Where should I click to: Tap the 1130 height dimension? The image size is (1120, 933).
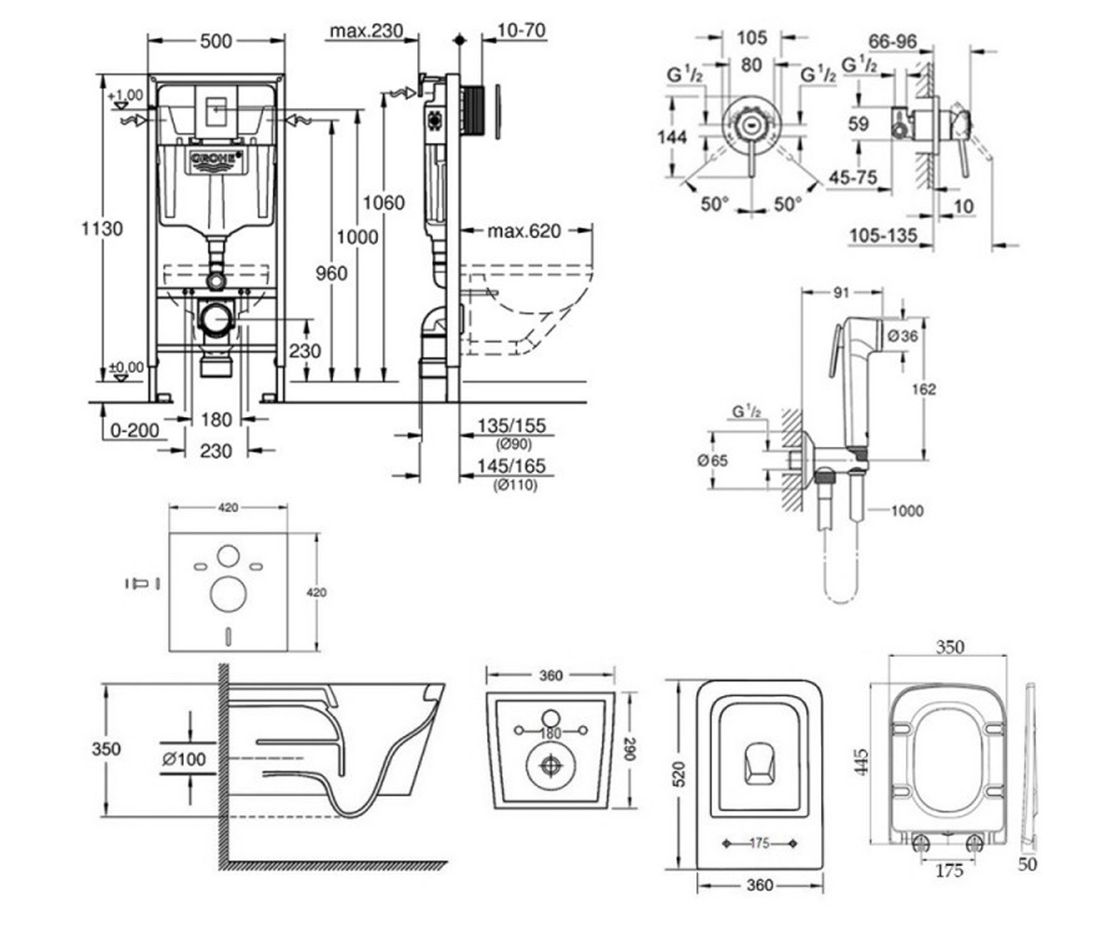point(102,229)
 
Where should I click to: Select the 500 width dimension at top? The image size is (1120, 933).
point(216,41)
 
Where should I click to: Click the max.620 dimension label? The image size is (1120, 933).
point(524,231)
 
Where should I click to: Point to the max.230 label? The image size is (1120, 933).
point(367,31)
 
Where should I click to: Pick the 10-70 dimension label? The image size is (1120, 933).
point(522,30)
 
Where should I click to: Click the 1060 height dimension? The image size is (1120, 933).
point(384,202)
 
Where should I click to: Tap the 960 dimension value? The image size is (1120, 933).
point(331,273)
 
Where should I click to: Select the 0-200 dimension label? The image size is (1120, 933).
point(134,430)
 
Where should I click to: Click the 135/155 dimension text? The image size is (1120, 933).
point(511,425)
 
